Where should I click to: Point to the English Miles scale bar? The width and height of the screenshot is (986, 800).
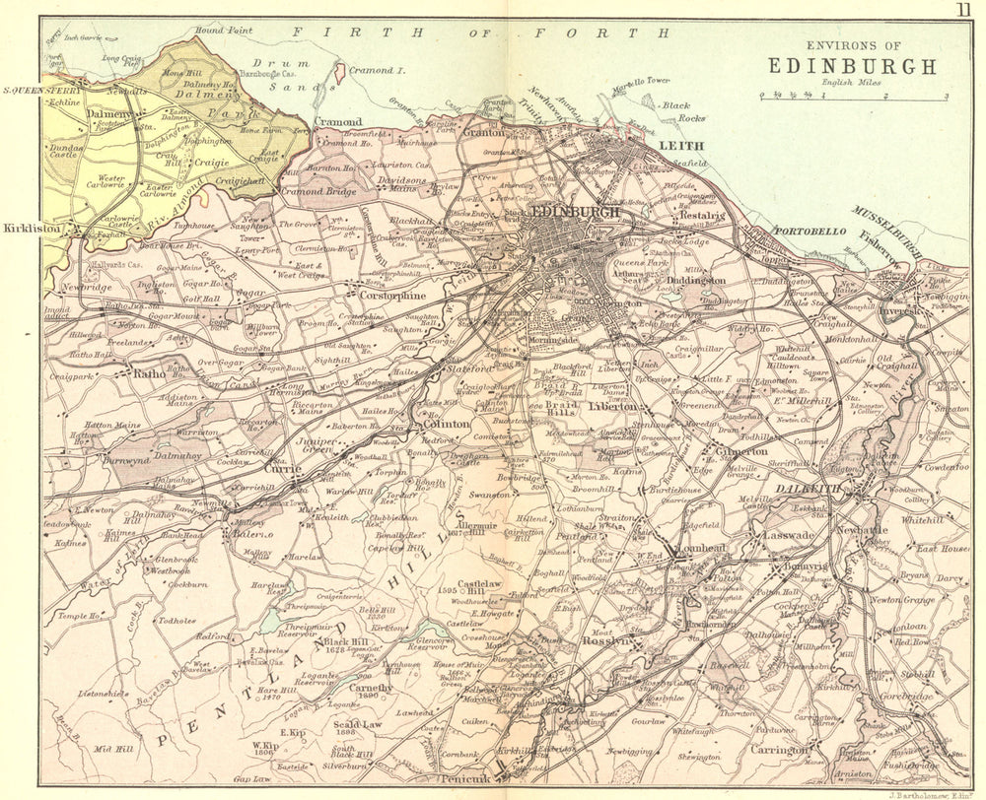pyautogui.click(x=852, y=95)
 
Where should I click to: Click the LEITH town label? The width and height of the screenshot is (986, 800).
pyautogui.click(x=669, y=147)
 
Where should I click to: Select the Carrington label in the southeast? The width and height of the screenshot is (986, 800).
pyautogui.click(x=778, y=749)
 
